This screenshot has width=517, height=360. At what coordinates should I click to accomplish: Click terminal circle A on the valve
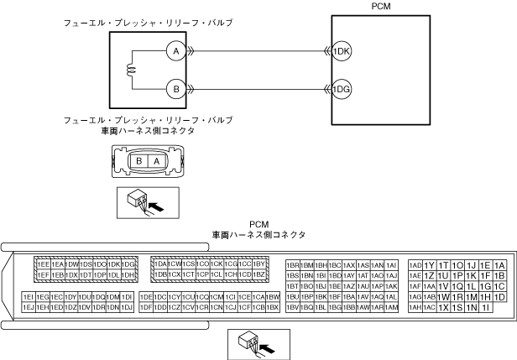pyautogui.click(x=176, y=51)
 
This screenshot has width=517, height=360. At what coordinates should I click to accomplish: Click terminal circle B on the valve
pyautogui.click(x=176, y=87)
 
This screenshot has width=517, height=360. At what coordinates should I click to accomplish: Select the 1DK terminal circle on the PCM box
pyautogui.click(x=342, y=51)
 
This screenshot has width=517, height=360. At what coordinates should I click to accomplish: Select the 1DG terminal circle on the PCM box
pyautogui.click(x=342, y=87)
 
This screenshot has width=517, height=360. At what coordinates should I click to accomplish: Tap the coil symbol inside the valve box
pyautogui.click(x=131, y=70)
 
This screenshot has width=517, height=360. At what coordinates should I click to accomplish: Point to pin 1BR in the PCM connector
pyautogui.click(x=293, y=263)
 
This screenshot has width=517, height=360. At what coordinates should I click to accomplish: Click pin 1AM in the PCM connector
pyautogui.click(x=390, y=307)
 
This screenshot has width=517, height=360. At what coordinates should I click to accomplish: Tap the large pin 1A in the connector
pyautogui.click(x=499, y=264)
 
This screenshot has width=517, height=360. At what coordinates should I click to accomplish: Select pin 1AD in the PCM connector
pyautogui.click(x=415, y=263)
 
